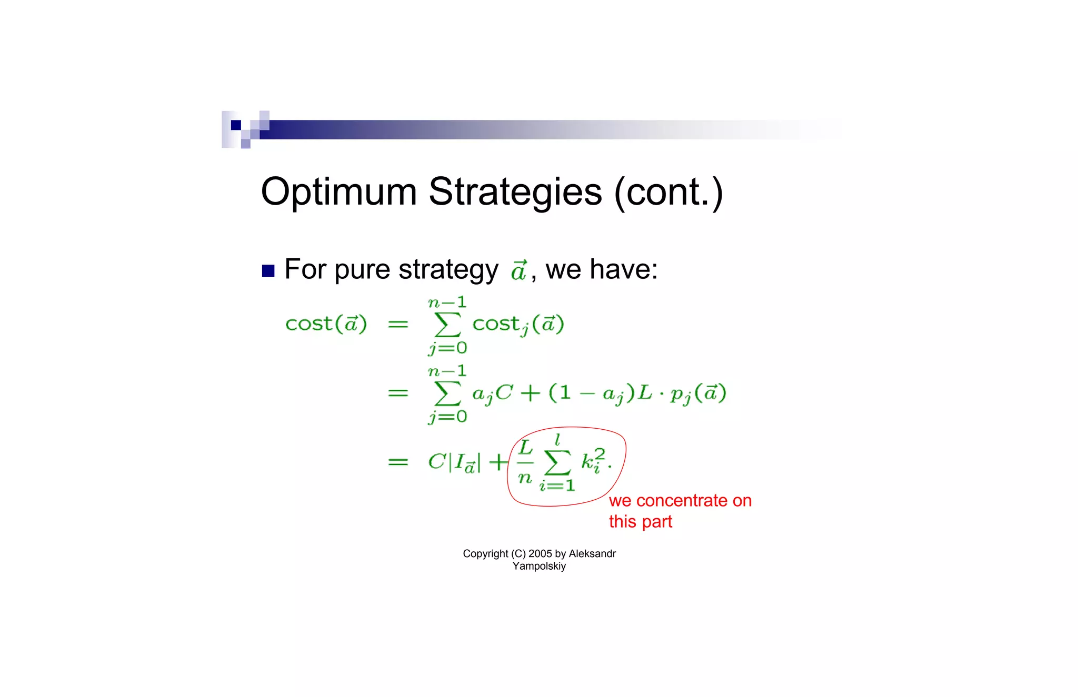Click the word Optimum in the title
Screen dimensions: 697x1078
338,193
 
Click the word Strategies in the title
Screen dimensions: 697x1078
515,193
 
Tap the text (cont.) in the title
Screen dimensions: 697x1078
668,193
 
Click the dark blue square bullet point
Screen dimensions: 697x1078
268,271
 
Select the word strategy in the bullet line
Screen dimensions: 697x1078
448,270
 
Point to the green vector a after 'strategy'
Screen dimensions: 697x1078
518,270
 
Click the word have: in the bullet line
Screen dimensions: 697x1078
623,269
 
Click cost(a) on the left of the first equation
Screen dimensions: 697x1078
326,324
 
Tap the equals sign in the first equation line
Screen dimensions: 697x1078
398,324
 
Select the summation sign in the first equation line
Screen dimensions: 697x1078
448,325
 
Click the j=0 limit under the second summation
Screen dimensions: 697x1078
448,417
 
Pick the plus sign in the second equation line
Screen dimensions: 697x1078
531,393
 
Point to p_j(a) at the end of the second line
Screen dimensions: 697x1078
698,393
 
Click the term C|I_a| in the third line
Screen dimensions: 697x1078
454,462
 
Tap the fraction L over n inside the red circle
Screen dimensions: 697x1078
525,462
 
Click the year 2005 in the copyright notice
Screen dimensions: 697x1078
540,553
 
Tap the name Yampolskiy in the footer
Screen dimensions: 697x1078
539,566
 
